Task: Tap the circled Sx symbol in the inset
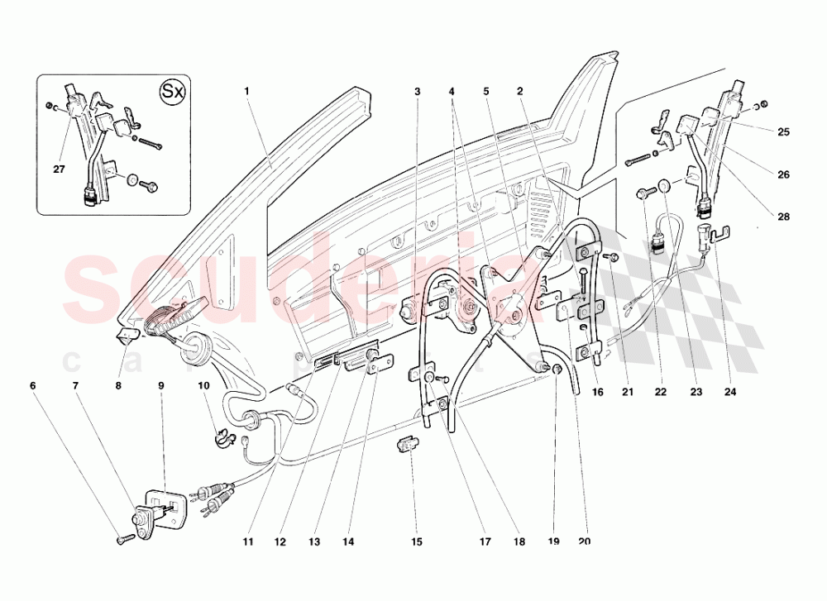[x=171, y=90]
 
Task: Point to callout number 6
[x=33, y=385]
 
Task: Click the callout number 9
[x=161, y=385]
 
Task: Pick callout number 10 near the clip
[x=203, y=385]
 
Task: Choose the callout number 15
[x=416, y=542]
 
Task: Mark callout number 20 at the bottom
[x=585, y=542]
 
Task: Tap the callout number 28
[x=783, y=217]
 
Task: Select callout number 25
[x=783, y=131]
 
